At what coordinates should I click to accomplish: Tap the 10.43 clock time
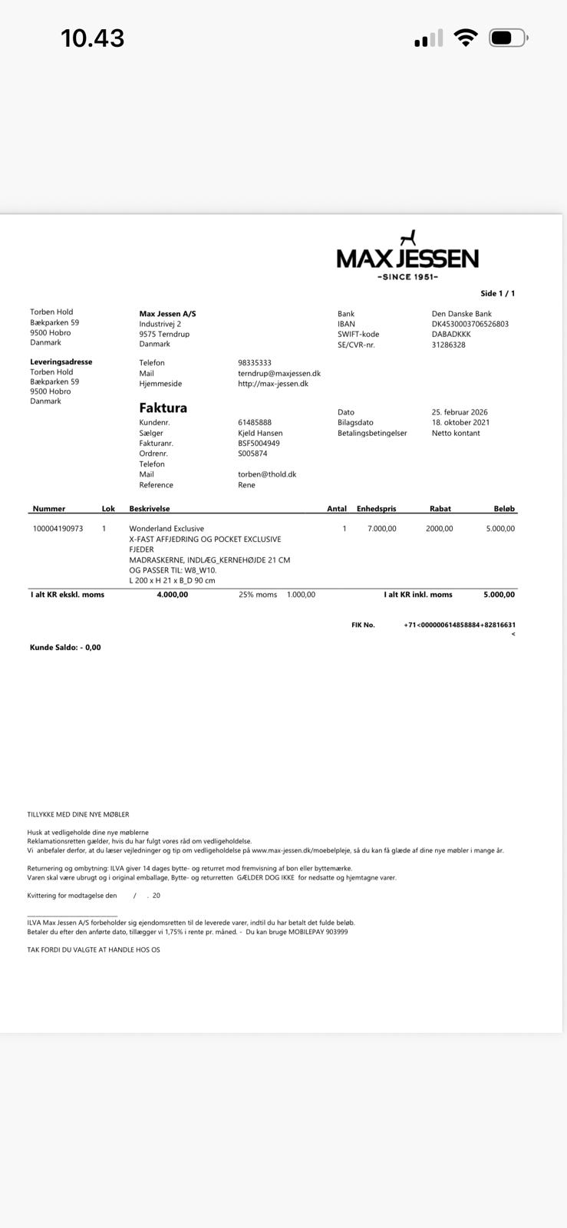coord(92,38)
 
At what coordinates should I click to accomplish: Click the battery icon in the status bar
coord(508,38)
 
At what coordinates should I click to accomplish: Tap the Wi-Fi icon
coord(465,38)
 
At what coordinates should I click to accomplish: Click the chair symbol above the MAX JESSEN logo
coord(408,238)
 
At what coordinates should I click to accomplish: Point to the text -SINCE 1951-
coord(407,277)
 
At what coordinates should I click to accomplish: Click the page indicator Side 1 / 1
coord(497,293)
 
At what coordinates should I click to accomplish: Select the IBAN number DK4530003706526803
coord(470,324)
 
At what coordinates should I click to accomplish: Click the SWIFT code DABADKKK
coord(451,334)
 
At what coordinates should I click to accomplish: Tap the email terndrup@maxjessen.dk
coord(279,373)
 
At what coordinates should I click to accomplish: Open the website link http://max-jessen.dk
coord(273,383)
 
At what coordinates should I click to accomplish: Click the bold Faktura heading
coord(163,408)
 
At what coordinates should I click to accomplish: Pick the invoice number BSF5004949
coord(259,443)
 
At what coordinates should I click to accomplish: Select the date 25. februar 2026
coord(460,412)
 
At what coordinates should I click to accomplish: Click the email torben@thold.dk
coord(267,474)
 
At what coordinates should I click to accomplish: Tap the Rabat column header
coord(440,508)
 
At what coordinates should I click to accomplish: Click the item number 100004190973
coord(58,529)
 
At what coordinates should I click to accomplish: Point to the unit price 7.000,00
coord(381,529)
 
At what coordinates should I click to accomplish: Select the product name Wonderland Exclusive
coord(166,529)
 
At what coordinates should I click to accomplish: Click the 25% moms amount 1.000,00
coord(301,595)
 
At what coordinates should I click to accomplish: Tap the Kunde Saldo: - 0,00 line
coord(65,647)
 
